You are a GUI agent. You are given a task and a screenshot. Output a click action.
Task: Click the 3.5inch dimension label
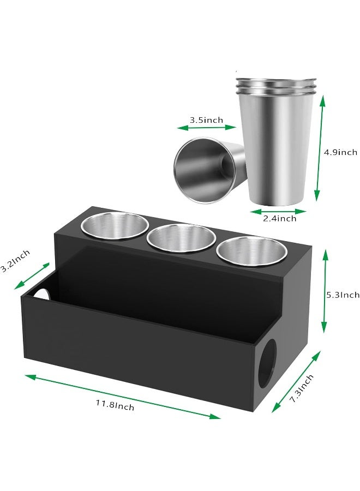pyautogui.click(x=206, y=120)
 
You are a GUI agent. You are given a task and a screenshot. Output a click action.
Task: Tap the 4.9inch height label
pyautogui.click(x=340, y=152)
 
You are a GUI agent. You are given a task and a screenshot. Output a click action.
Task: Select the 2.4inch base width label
pyautogui.click(x=280, y=218)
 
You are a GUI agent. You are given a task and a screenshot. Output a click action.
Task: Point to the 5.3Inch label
pyautogui.click(x=343, y=295)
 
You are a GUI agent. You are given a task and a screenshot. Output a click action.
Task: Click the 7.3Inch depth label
pyautogui.click(x=302, y=388)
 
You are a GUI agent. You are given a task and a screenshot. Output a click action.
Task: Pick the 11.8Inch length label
pyautogui.click(x=115, y=405)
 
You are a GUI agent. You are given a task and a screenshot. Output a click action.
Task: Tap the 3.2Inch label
pyautogui.click(x=15, y=261)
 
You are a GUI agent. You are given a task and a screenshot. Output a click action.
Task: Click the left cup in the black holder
pyautogui.click(x=115, y=225)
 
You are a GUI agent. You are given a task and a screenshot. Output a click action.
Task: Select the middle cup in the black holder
pyautogui.click(x=181, y=239)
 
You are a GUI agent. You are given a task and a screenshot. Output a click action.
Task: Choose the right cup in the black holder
pyautogui.click(x=251, y=252)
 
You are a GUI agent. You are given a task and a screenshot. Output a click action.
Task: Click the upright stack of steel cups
pyautogui.click(x=277, y=141)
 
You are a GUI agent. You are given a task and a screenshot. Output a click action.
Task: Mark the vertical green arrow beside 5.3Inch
pyautogui.click(x=325, y=291)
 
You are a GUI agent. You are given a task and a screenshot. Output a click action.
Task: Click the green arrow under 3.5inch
pyautogui.click(x=206, y=128)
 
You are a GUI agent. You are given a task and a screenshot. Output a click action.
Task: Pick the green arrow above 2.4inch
pyautogui.click(x=278, y=211)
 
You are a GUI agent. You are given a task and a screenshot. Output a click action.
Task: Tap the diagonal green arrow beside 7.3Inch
pyautogui.click(x=296, y=381)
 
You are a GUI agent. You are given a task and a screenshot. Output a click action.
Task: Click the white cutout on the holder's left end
pyautogui.click(x=41, y=294)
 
